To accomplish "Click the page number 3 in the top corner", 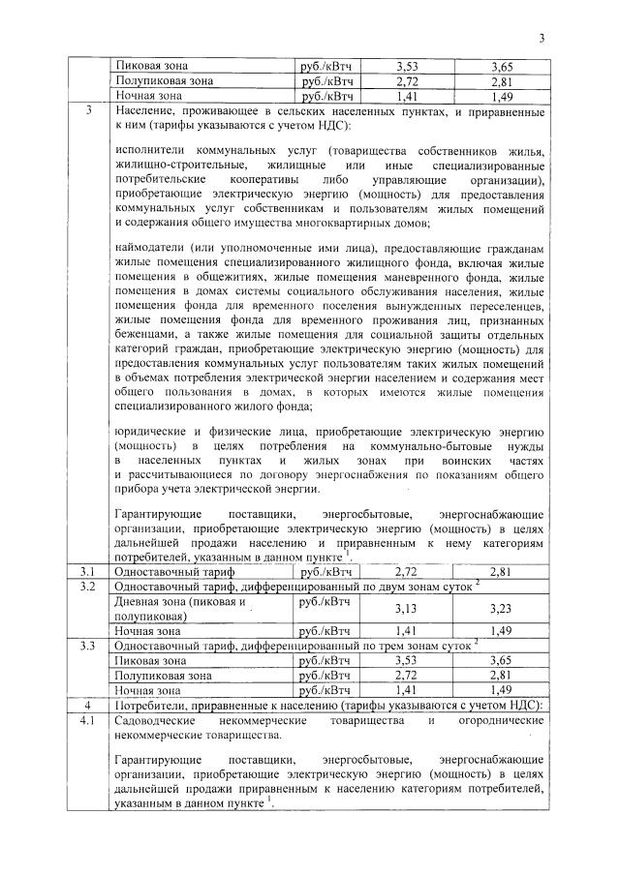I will click(542, 38).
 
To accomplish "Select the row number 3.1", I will click(87, 571).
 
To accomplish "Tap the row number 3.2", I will click(87, 587).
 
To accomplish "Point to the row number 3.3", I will click(87, 645).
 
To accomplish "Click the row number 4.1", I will click(87, 722).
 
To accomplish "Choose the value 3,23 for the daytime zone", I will click(501, 608).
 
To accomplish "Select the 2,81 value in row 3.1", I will click(501, 571).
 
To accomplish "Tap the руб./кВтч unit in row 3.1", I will click(326, 571).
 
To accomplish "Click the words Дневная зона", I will click(151, 601).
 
